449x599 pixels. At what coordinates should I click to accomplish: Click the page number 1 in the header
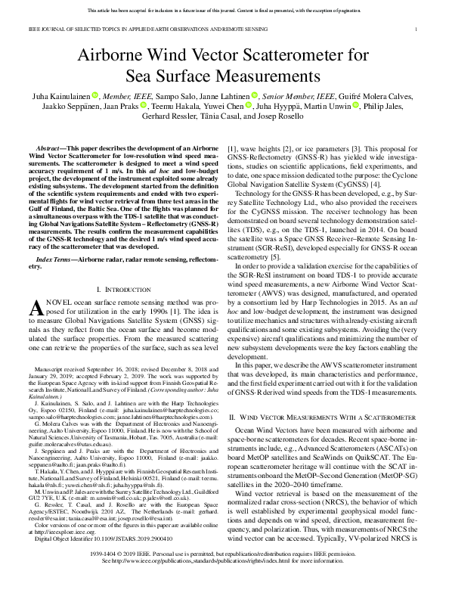coord(416,29)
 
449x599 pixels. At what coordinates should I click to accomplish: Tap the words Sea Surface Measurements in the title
coord(224,76)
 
